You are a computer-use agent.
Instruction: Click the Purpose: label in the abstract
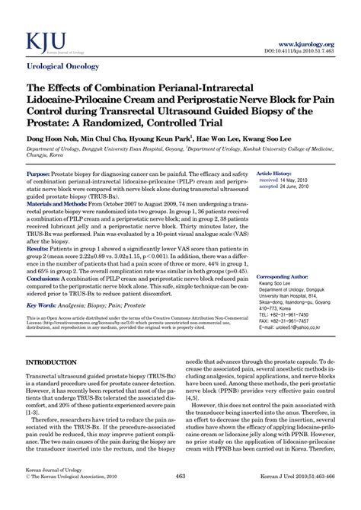tap(39, 174)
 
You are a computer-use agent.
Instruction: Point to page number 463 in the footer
tap(180, 497)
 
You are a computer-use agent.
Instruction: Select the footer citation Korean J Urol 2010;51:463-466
tap(293, 497)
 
